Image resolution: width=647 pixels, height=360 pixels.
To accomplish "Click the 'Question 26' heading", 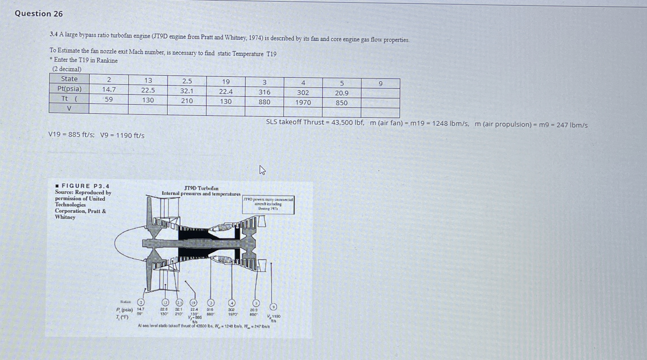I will [39, 14].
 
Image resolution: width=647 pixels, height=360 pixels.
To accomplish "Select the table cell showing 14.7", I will [109, 89].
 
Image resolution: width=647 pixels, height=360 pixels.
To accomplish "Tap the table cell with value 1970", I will [303, 102].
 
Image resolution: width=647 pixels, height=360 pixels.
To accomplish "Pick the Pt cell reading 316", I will [264, 92].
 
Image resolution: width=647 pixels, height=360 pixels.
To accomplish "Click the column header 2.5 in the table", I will [187, 81].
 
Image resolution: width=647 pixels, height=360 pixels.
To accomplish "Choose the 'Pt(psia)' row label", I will [69, 89].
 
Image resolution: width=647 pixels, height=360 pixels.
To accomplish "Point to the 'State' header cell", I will [69, 79].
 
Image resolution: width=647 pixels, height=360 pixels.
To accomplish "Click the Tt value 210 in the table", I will [187, 101].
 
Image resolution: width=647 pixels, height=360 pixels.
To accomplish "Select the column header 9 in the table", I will [380, 84].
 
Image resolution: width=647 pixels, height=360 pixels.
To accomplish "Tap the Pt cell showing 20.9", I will [342, 93].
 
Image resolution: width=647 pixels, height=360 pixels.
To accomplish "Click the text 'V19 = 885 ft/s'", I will [71, 135].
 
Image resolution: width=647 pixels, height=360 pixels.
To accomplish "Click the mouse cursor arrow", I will [262, 170].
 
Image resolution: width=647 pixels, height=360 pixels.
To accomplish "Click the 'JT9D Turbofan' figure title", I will [201, 188].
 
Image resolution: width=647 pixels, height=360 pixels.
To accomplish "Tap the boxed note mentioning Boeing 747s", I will [268, 204].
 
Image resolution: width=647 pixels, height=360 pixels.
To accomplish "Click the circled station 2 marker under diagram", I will [141, 302].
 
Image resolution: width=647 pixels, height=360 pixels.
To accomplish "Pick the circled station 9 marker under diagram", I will [273, 307].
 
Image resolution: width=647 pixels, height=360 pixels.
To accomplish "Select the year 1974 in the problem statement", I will [255, 38].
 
